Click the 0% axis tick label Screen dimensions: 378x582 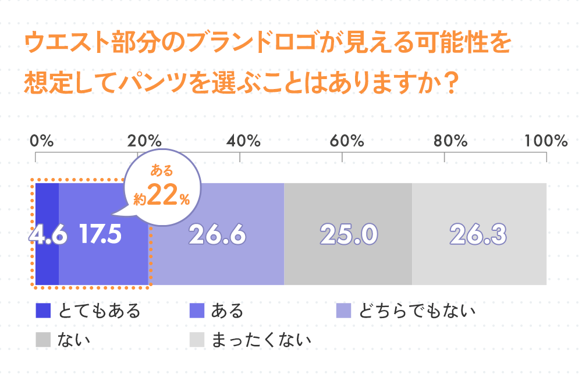(x=41, y=141)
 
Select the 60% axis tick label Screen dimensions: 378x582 (x=347, y=141)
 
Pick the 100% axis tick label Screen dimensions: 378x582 (x=545, y=141)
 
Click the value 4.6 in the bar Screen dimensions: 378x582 (x=47, y=234)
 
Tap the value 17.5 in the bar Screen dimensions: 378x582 (x=100, y=234)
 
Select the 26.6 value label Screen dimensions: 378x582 (x=217, y=234)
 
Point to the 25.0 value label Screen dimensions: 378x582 (x=349, y=234)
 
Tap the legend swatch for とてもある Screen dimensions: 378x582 (x=43, y=311)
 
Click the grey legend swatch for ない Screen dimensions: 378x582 (x=43, y=339)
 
